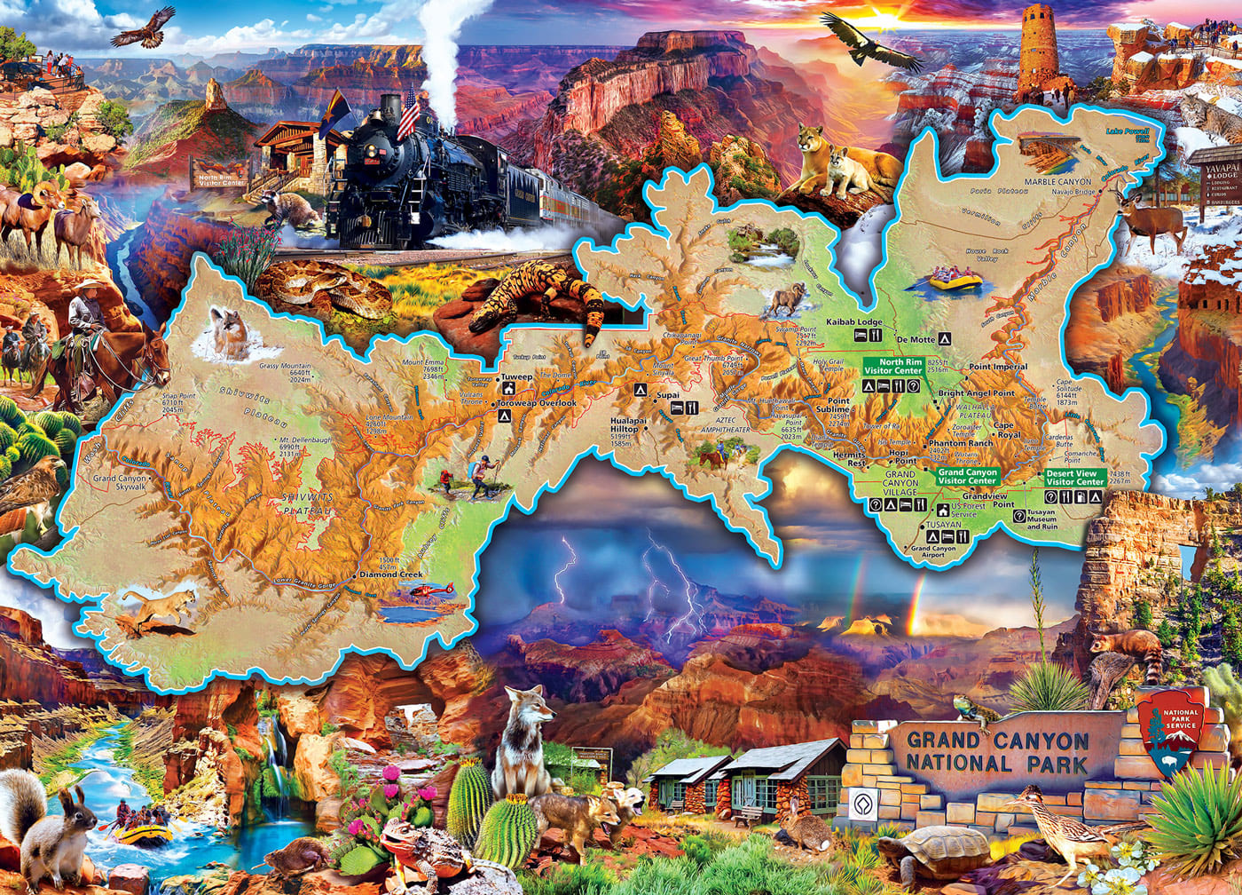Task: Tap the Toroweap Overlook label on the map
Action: coord(537,403)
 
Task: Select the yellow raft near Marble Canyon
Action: coord(955,281)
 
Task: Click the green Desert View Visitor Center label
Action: coord(1073,477)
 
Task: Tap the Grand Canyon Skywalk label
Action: coord(120,483)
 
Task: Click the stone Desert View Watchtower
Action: coord(1038,49)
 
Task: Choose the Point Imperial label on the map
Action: coord(998,367)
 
